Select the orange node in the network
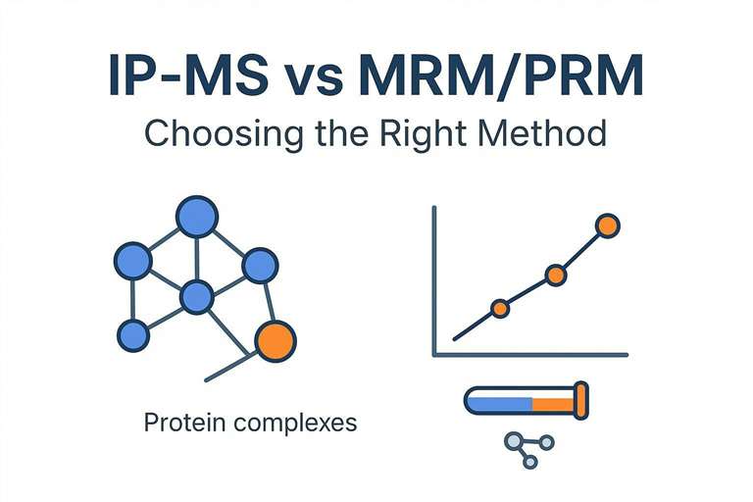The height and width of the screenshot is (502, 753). pos(275,340)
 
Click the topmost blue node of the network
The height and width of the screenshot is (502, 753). pos(196,218)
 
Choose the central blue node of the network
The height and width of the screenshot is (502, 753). pos(197,295)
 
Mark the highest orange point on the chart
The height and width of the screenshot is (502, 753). pos(608,226)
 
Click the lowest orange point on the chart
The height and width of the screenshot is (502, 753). pos(500,309)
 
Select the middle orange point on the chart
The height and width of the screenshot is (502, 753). pos(555,276)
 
